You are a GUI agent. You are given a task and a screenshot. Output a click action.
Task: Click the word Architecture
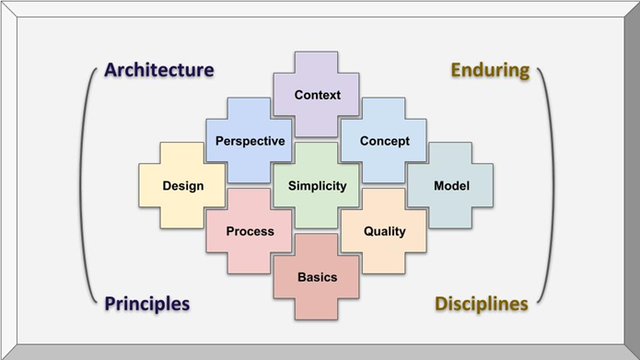[x=158, y=70]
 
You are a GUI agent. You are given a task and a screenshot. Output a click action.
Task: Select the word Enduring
[x=489, y=70]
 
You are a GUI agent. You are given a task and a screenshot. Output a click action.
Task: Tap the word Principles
[x=147, y=303]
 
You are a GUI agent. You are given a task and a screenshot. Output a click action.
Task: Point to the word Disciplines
[x=481, y=303]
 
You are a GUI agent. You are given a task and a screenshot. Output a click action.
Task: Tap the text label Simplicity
[x=318, y=186]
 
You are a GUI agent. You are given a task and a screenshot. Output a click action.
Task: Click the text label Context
[x=318, y=95]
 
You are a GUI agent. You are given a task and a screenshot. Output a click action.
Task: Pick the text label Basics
[x=318, y=277]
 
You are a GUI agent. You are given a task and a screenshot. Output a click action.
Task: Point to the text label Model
[x=451, y=186]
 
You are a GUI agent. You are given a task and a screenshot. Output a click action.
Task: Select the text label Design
[x=183, y=186]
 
